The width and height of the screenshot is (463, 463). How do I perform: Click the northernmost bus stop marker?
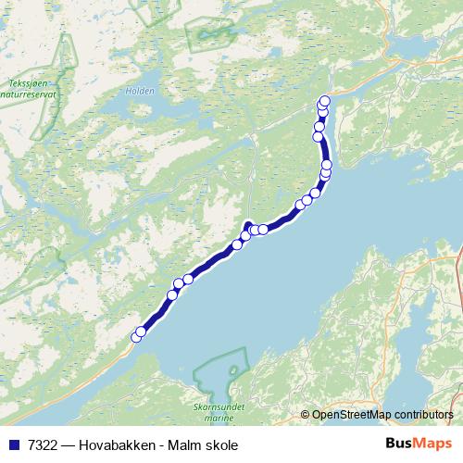click(x=324, y=102)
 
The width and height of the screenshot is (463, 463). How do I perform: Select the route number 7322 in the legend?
click(x=41, y=445)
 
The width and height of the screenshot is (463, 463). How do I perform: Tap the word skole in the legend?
click(x=220, y=445)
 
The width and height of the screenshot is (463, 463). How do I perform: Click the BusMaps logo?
click(x=417, y=444)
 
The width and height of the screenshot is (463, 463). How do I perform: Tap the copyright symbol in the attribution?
click(x=306, y=414)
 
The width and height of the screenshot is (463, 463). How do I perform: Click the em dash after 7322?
click(x=68, y=445)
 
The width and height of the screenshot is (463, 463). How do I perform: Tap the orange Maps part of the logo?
click(x=432, y=444)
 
